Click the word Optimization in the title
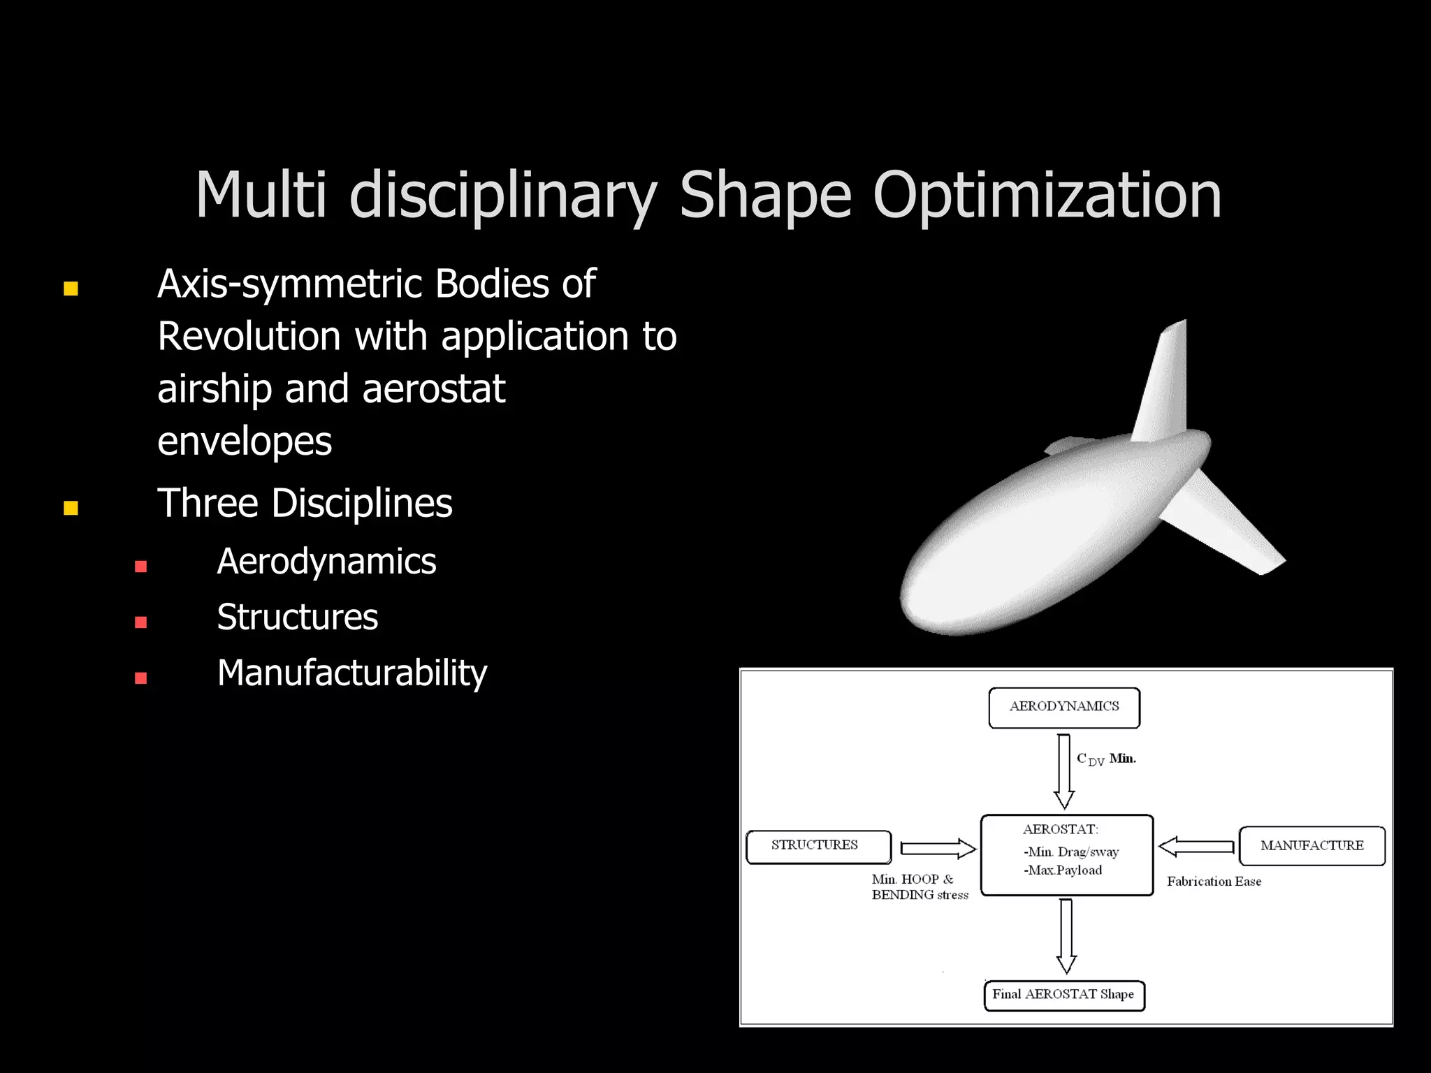coord(1047,196)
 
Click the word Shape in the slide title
coord(765,196)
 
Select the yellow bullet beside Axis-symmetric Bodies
coord(71,289)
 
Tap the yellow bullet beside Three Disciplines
coord(71,508)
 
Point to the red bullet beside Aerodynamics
coord(141,567)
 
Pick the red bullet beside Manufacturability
coord(141,678)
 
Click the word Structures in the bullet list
coord(298,618)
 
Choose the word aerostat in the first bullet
coord(433,389)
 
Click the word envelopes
coord(245,442)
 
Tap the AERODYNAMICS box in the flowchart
coord(1064,707)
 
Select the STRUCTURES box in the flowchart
coord(818,846)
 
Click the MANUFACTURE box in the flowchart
coord(1312,846)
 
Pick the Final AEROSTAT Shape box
coord(1063,995)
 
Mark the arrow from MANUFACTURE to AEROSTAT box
coord(1196,847)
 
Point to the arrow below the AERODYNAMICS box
coord(1064,771)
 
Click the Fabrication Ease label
coord(1214,882)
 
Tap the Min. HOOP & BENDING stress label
coord(920,887)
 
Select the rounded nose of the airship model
coord(929,601)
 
